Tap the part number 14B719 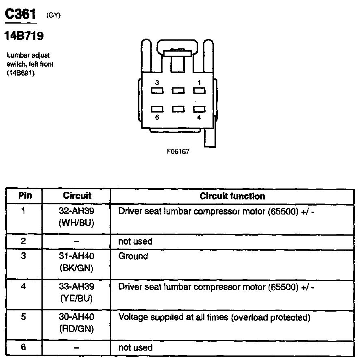pos(24,36)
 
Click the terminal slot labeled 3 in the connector pos(157,91)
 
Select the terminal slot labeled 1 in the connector pos(198,91)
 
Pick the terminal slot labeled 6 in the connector pos(157,109)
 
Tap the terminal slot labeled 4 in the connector pos(198,109)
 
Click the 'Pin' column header pos(25,196)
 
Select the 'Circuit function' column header pos(232,196)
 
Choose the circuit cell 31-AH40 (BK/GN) pos(77,262)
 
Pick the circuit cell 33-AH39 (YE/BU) pos(77,292)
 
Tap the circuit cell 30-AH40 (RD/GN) pos(77,323)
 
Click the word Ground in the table pos(133,256)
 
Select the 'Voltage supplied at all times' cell pos(214,317)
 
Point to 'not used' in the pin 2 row pos(135,241)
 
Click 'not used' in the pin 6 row pos(135,348)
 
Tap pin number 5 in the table pos(24,317)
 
